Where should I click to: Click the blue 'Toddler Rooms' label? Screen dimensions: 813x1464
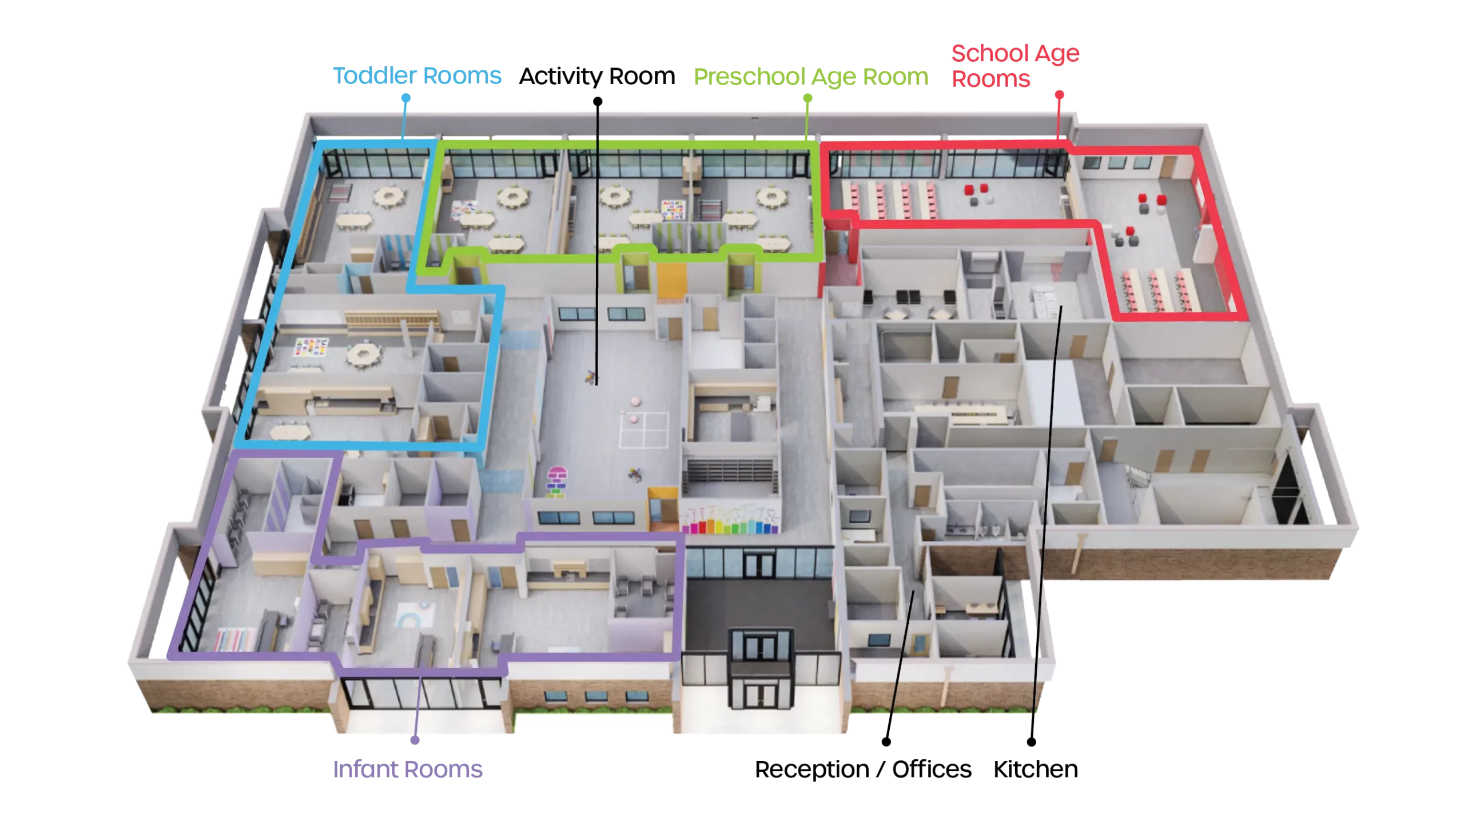click(x=417, y=76)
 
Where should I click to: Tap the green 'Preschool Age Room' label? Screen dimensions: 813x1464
click(x=811, y=77)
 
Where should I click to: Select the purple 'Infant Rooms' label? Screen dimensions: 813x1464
click(x=409, y=770)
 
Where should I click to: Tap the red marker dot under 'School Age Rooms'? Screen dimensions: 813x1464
click(x=1059, y=94)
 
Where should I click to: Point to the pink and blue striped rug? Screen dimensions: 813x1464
click(x=234, y=639)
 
